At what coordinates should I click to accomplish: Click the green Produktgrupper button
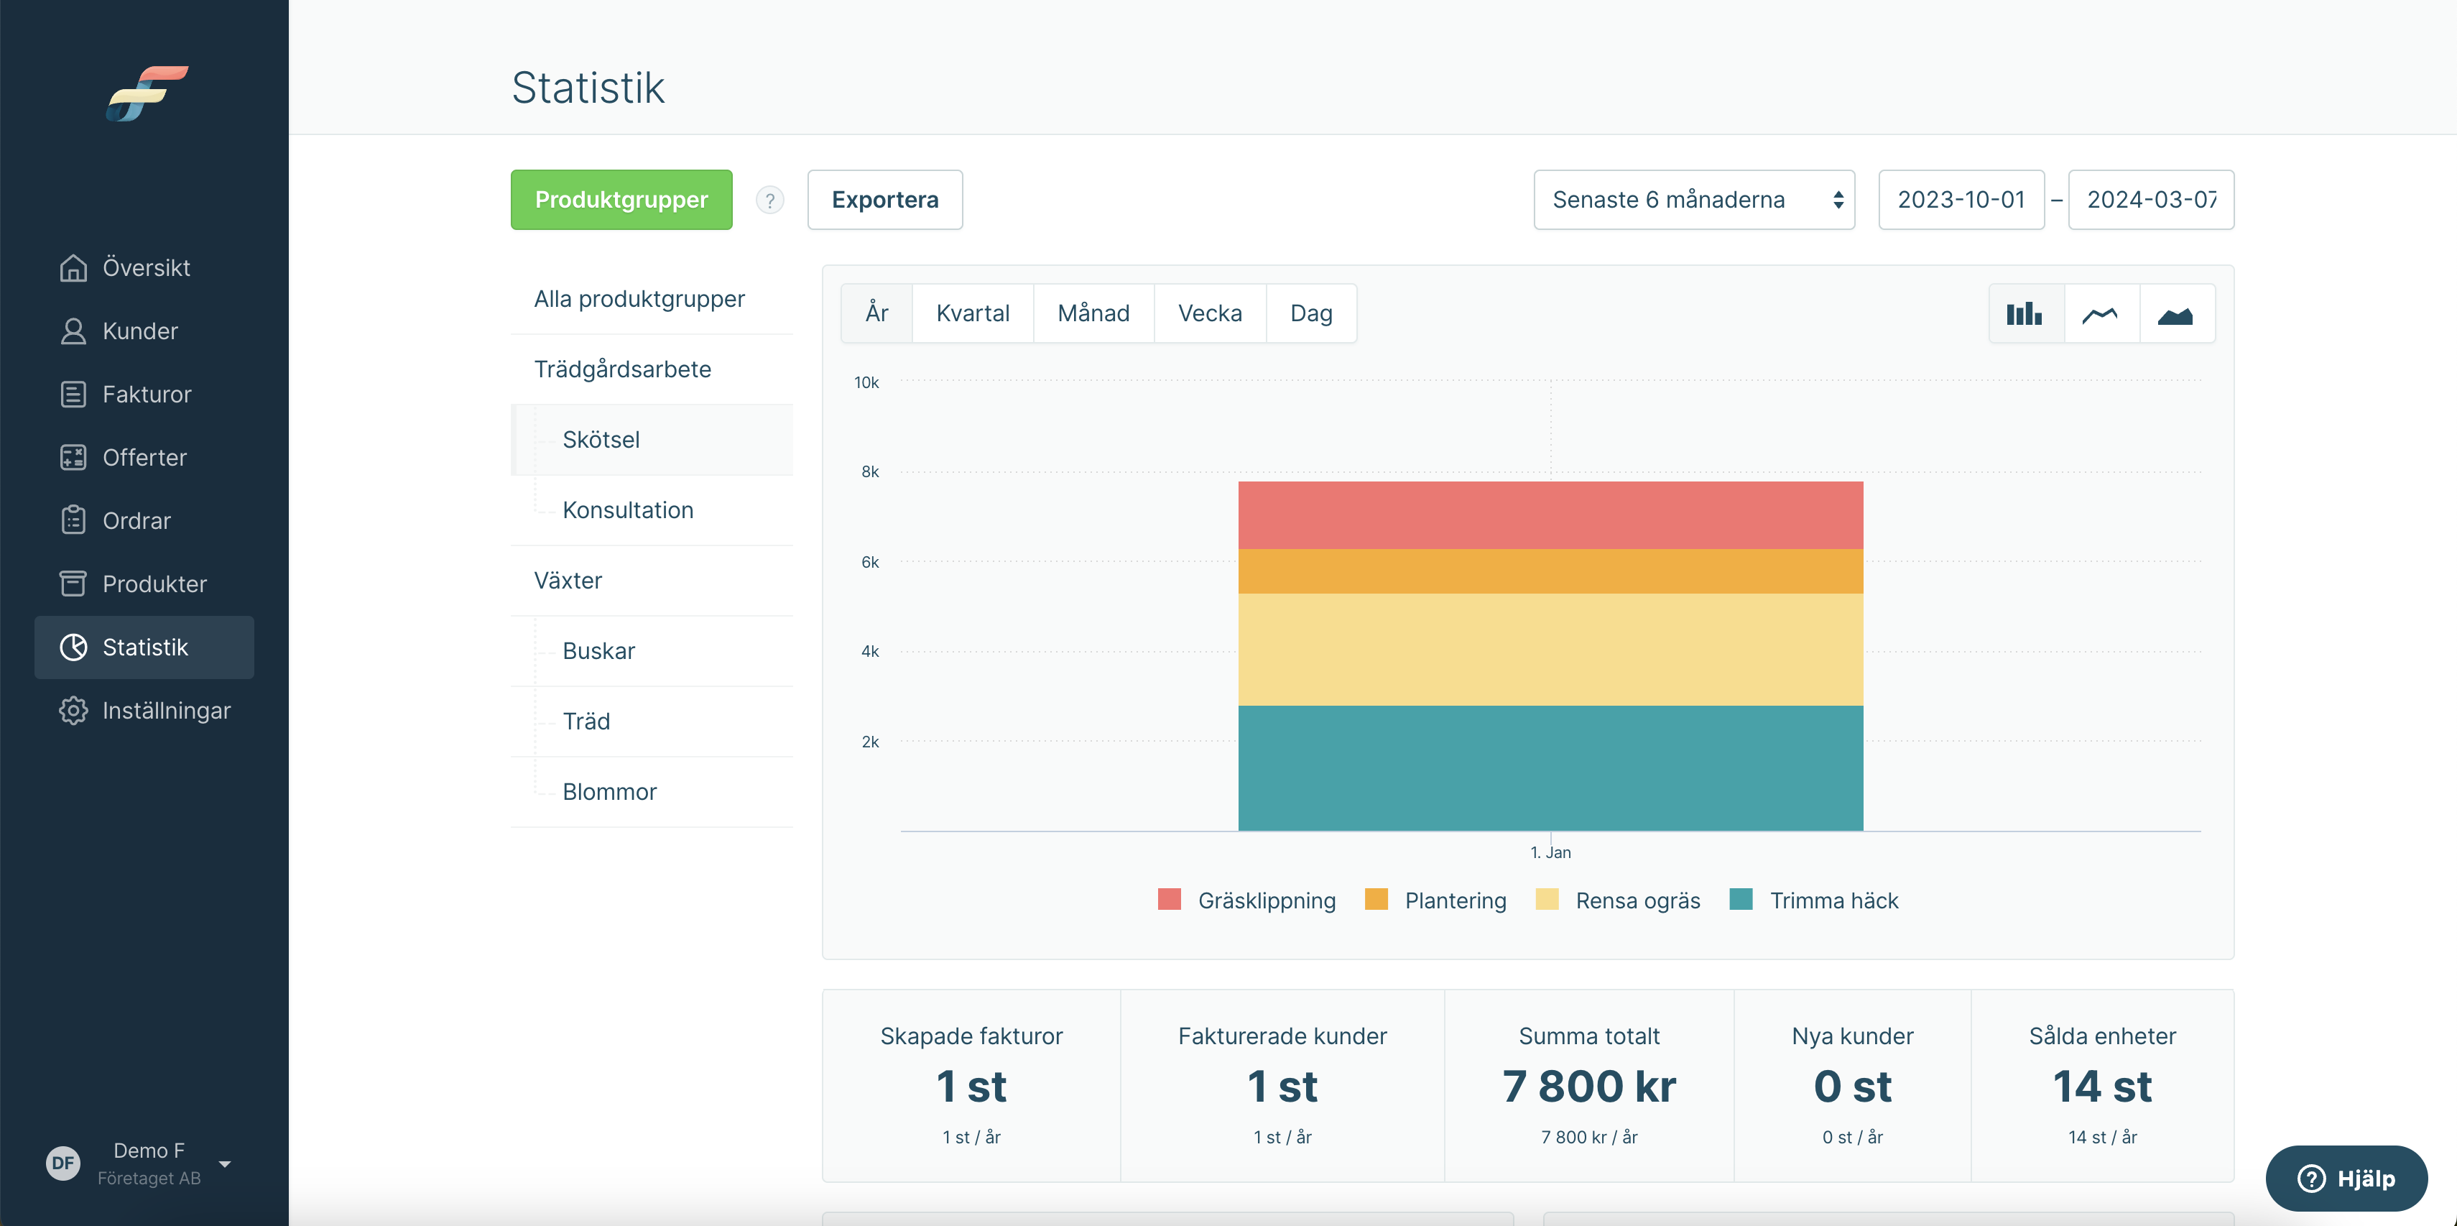pyautogui.click(x=621, y=199)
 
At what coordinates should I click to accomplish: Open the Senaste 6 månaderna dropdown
pyautogui.click(x=1694, y=199)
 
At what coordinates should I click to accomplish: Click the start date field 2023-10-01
pyautogui.click(x=1961, y=199)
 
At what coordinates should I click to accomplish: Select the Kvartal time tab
pyautogui.click(x=973, y=313)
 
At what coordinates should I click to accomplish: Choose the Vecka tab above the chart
pyautogui.click(x=1209, y=313)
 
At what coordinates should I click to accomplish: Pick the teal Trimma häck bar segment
pyautogui.click(x=1550, y=768)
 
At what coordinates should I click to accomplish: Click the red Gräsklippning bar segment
pyautogui.click(x=1550, y=515)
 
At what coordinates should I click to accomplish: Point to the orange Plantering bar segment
pyautogui.click(x=1550, y=571)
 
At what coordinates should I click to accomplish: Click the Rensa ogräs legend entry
pyautogui.click(x=1618, y=900)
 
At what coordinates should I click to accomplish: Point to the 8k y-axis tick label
pyautogui.click(x=870, y=471)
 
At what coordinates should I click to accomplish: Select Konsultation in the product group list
pyautogui.click(x=628, y=510)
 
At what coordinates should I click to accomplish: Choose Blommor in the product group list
pyautogui.click(x=609, y=791)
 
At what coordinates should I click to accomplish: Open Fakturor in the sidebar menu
pyautogui.click(x=145, y=394)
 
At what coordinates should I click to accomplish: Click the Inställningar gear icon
pyautogui.click(x=73, y=710)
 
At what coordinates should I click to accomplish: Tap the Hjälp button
pyautogui.click(x=2346, y=1179)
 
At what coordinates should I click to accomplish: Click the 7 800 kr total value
pyautogui.click(x=1589, y=1086)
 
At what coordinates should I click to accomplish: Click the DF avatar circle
pyautogui.click(x=63, y=1163)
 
